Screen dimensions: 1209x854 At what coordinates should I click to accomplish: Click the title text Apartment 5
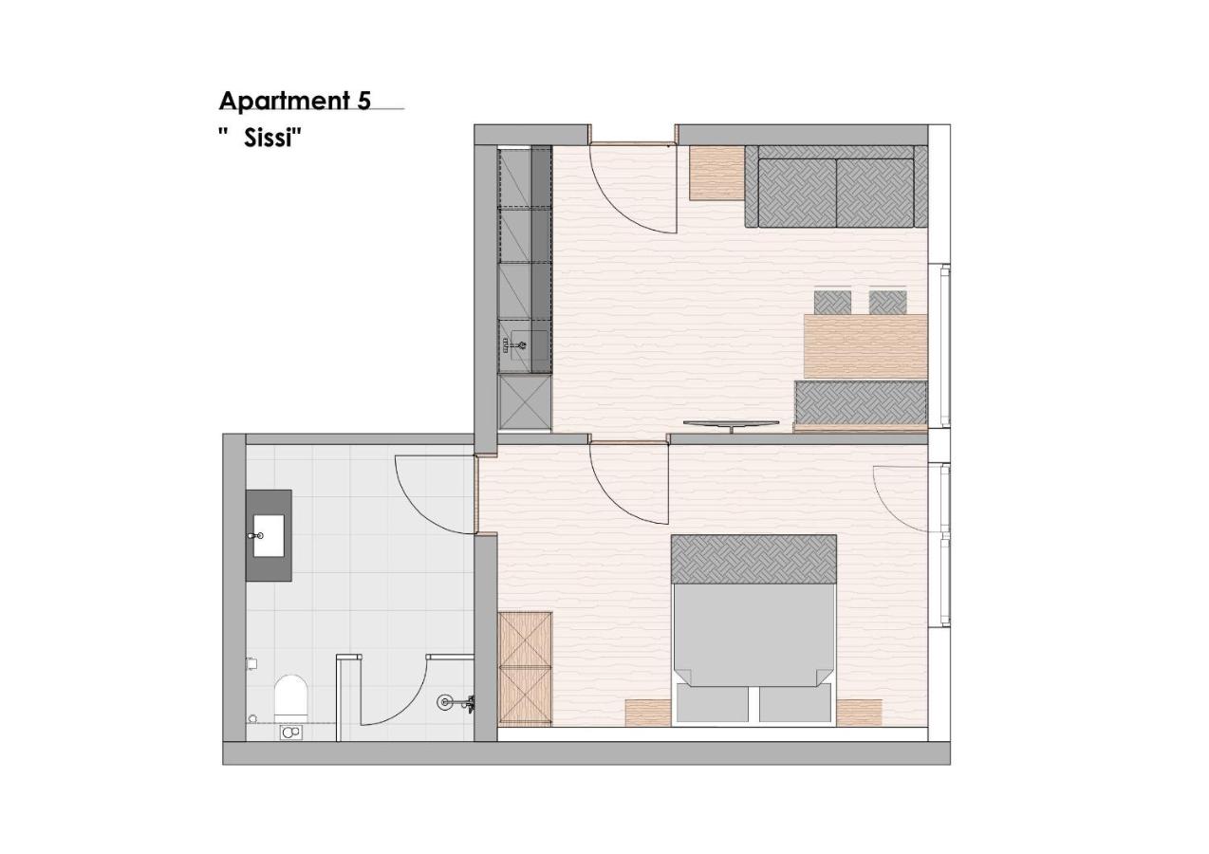(x=295, y=101)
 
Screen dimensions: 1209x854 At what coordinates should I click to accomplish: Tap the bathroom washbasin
(x=269, y=535)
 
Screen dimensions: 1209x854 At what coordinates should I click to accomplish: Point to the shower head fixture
(x=445, y=702)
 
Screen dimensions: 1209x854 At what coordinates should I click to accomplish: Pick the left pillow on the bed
(x=713, y=702)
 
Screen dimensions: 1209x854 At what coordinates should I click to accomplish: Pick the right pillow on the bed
(x=795, y=702)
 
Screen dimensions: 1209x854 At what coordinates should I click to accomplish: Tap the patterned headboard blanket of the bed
(x=753, y=559)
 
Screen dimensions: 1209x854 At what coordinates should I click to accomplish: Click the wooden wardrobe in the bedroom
(x=525, y=668)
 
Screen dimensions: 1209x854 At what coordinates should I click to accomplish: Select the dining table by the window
(x=865, y=346)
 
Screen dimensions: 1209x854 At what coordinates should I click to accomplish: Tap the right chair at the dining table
(x=888, y=303)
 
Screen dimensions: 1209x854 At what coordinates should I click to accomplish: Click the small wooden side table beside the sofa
(x=717, y=174)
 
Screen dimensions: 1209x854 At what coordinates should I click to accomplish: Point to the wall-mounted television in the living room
(x=732, y=425)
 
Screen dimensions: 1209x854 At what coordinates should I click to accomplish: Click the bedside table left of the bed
(x=648, y=713)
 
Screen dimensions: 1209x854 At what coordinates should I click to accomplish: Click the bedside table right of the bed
(x=859, y=713)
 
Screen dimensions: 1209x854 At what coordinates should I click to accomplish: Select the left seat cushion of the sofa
(x=797, y=193)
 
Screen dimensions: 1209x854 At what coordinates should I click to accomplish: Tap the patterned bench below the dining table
(x=861, y=402)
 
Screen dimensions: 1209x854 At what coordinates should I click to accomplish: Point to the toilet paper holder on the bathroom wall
(x=251, y=663)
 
